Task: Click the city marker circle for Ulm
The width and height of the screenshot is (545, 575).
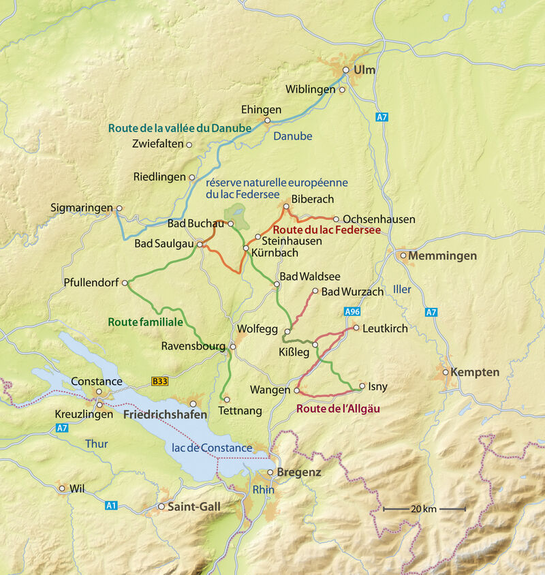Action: point(345,69)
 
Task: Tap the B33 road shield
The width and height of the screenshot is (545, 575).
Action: point(159,382)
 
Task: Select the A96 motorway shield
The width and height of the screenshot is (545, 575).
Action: point(352,311)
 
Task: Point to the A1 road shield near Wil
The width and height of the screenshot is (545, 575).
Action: point(111,506)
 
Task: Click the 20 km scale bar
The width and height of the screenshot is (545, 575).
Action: point(424,509)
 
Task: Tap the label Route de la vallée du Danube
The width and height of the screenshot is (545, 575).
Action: point(180,127)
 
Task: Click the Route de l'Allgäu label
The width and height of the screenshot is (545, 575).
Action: point(338,409)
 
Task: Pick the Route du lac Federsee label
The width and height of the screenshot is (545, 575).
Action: point(322,231)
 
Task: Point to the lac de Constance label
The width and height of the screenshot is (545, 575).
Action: point(212,448)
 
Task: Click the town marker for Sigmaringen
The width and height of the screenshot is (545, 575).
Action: point(119,208)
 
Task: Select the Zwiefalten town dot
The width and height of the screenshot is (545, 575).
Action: point(189,144)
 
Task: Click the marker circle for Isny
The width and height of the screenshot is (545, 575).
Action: point(362,386)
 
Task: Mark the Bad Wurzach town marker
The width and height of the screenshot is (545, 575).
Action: point(315,292)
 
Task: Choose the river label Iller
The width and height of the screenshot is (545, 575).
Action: point(402,290)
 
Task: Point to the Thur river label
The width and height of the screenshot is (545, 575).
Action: point(96,444)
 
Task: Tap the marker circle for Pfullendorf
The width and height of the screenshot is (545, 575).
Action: point(125,283)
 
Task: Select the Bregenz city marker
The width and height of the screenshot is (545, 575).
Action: point(270,472)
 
